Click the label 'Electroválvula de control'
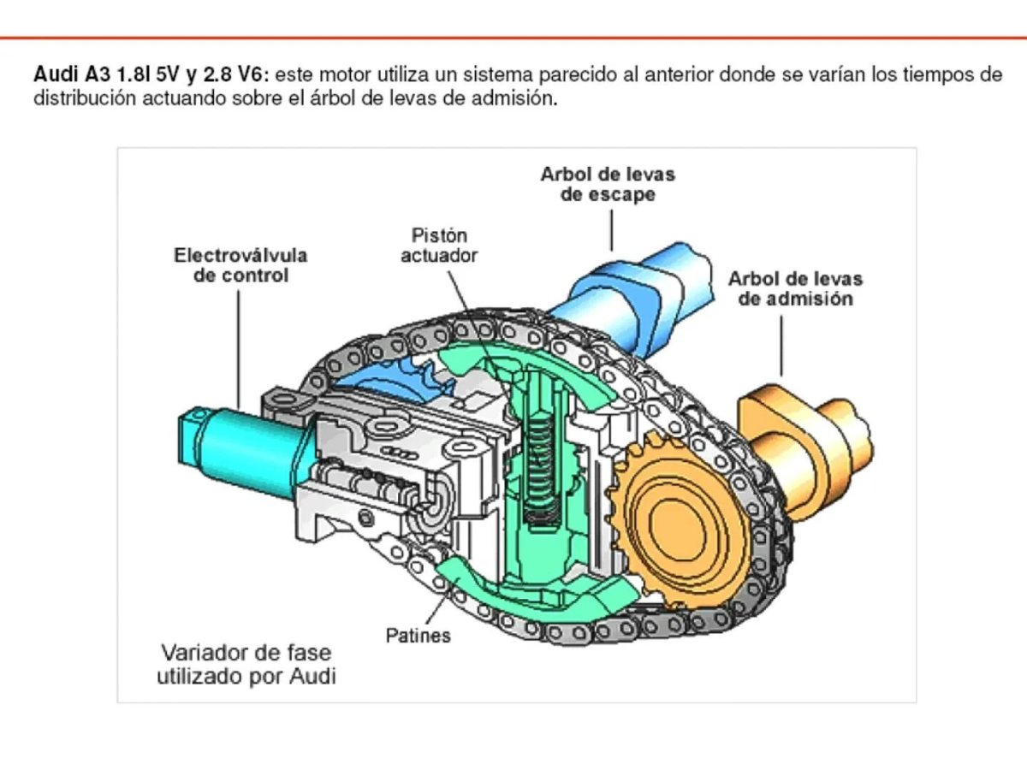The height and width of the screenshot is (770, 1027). [240, 265]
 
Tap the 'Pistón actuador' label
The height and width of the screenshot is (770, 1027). [439, 245]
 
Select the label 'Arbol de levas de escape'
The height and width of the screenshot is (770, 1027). [608, 184]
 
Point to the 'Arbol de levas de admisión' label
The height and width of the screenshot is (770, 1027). [795, 289]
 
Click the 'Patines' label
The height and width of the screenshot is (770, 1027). [418, 636]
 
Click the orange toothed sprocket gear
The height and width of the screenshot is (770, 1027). [676, 522]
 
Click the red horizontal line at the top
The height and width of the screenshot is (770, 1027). [513, 38]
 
